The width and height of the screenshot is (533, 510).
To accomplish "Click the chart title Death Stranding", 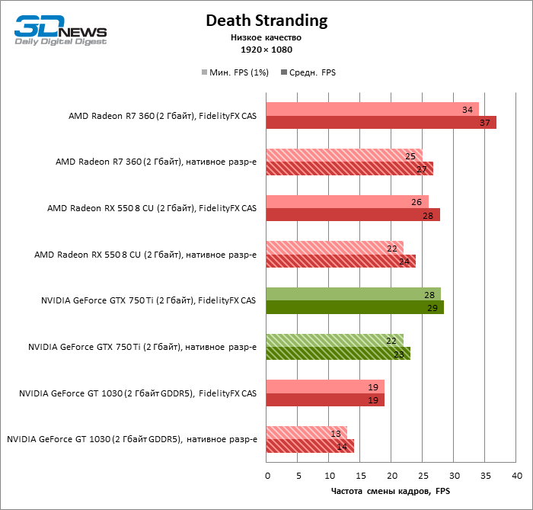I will (266, 21).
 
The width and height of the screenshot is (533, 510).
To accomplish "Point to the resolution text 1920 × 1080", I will (266, 50).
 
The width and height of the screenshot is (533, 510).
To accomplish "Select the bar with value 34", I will (372, 109).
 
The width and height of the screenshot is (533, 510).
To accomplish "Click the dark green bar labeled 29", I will (355, 307).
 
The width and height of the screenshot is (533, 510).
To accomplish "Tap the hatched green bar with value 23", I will (338, 354).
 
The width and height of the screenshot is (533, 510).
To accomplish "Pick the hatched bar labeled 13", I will (306, 432).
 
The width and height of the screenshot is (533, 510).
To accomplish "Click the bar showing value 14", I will (310, 446).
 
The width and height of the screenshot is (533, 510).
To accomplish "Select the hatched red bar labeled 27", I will (349, 168).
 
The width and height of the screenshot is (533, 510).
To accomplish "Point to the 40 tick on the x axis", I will (517, 476).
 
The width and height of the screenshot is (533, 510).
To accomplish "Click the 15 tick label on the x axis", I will (360, 476).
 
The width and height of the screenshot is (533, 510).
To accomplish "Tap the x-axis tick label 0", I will (267, 476).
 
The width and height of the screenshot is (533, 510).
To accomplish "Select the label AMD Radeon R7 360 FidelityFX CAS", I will (162, 116).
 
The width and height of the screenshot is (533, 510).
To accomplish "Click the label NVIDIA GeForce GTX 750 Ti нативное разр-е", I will (142, 347).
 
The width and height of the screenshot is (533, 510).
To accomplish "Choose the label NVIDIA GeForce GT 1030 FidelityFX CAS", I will (138, 393).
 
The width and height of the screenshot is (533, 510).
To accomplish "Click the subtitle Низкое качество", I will (266, 37).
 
